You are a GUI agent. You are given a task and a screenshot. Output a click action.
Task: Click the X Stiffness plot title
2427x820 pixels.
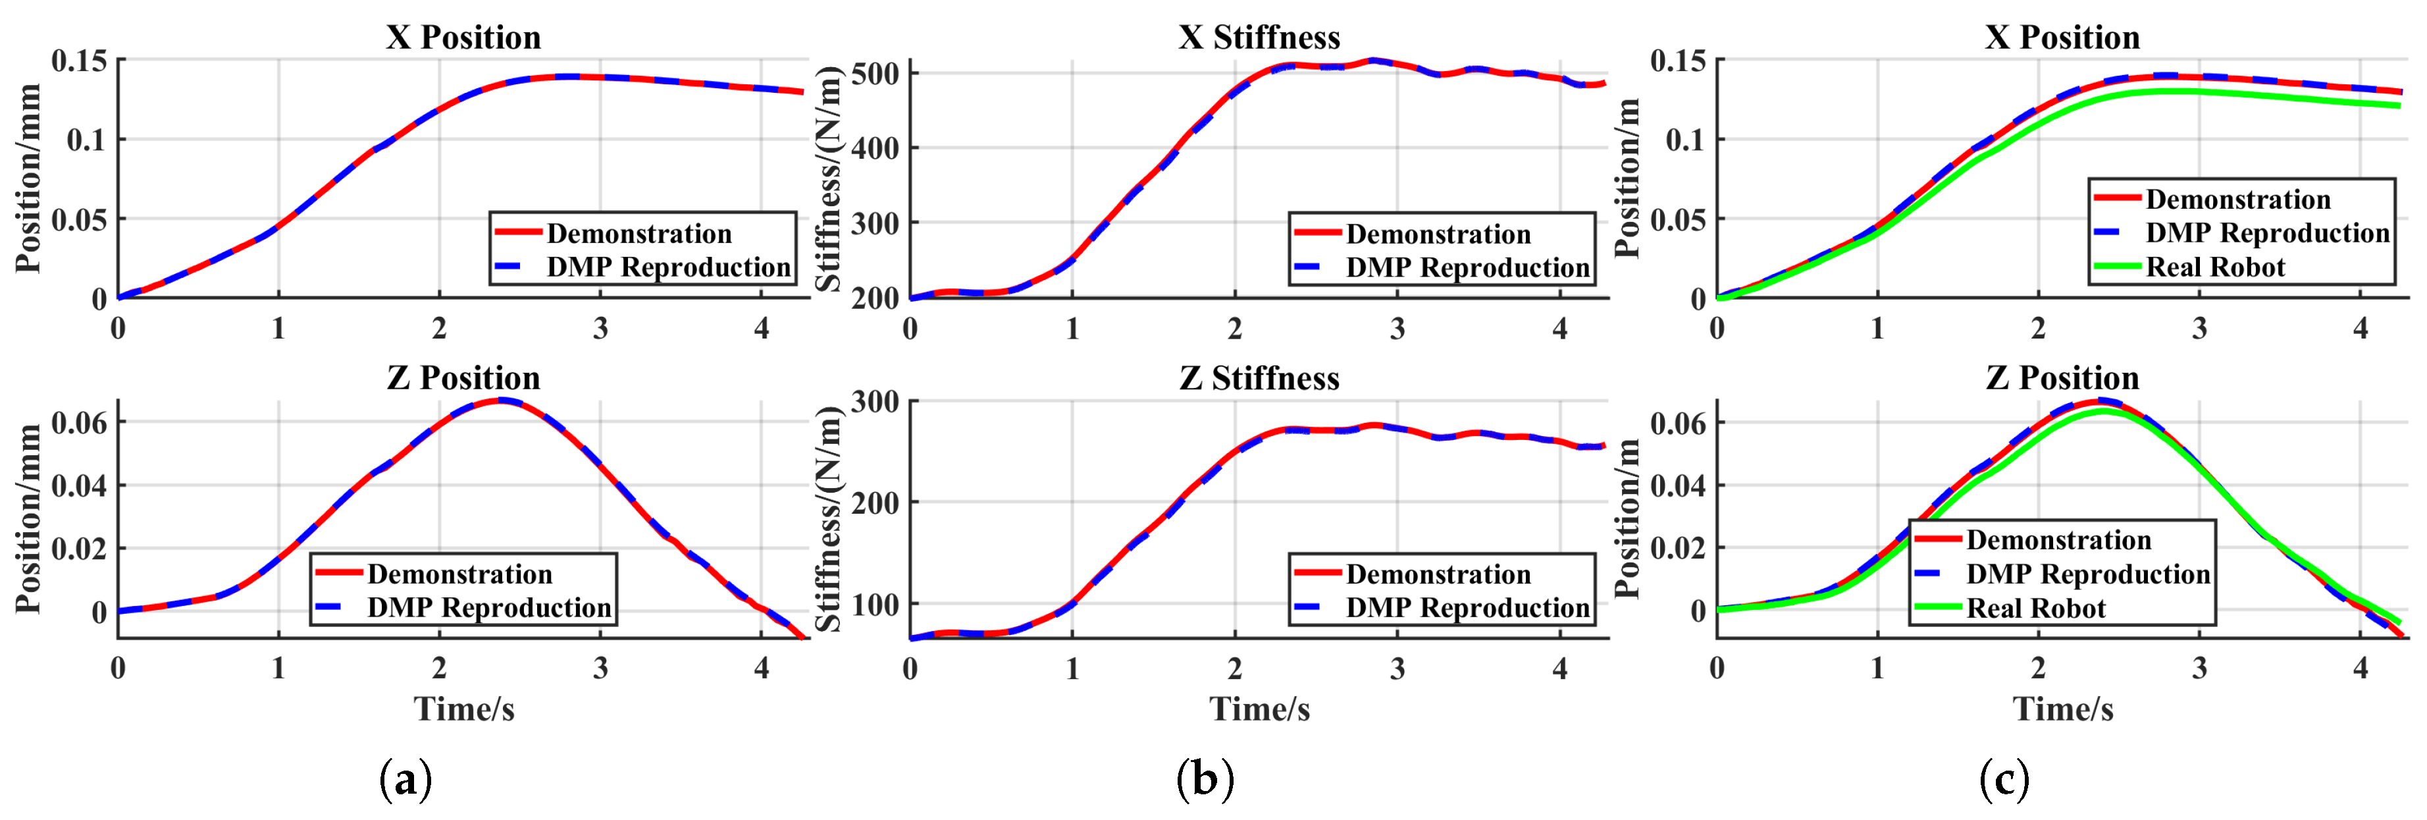1259,38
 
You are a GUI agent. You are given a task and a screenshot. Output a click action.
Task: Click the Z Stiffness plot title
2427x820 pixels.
1259,378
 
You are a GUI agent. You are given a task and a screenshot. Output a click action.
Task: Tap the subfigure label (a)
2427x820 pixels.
405,780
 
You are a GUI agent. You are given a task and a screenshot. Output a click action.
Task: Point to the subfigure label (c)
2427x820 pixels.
2004,780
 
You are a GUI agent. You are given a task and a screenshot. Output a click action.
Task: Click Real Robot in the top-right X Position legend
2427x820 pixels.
2215,267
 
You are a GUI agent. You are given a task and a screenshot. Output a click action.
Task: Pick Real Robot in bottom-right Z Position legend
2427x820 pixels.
2035,609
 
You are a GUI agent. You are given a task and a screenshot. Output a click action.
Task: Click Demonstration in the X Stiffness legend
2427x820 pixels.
1438,234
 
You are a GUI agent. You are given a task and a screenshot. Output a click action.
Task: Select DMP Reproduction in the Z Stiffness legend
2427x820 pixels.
1467,608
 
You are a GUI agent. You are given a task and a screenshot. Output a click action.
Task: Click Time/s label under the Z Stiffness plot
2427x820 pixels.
1259,709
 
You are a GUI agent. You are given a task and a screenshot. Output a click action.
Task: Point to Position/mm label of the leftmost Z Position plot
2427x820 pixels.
28,518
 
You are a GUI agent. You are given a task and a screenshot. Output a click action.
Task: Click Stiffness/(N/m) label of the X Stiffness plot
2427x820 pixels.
827,179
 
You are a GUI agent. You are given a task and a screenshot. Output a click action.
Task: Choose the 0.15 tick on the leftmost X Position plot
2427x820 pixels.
79,61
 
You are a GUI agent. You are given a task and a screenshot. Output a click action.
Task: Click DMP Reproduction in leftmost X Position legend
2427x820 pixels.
668,267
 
